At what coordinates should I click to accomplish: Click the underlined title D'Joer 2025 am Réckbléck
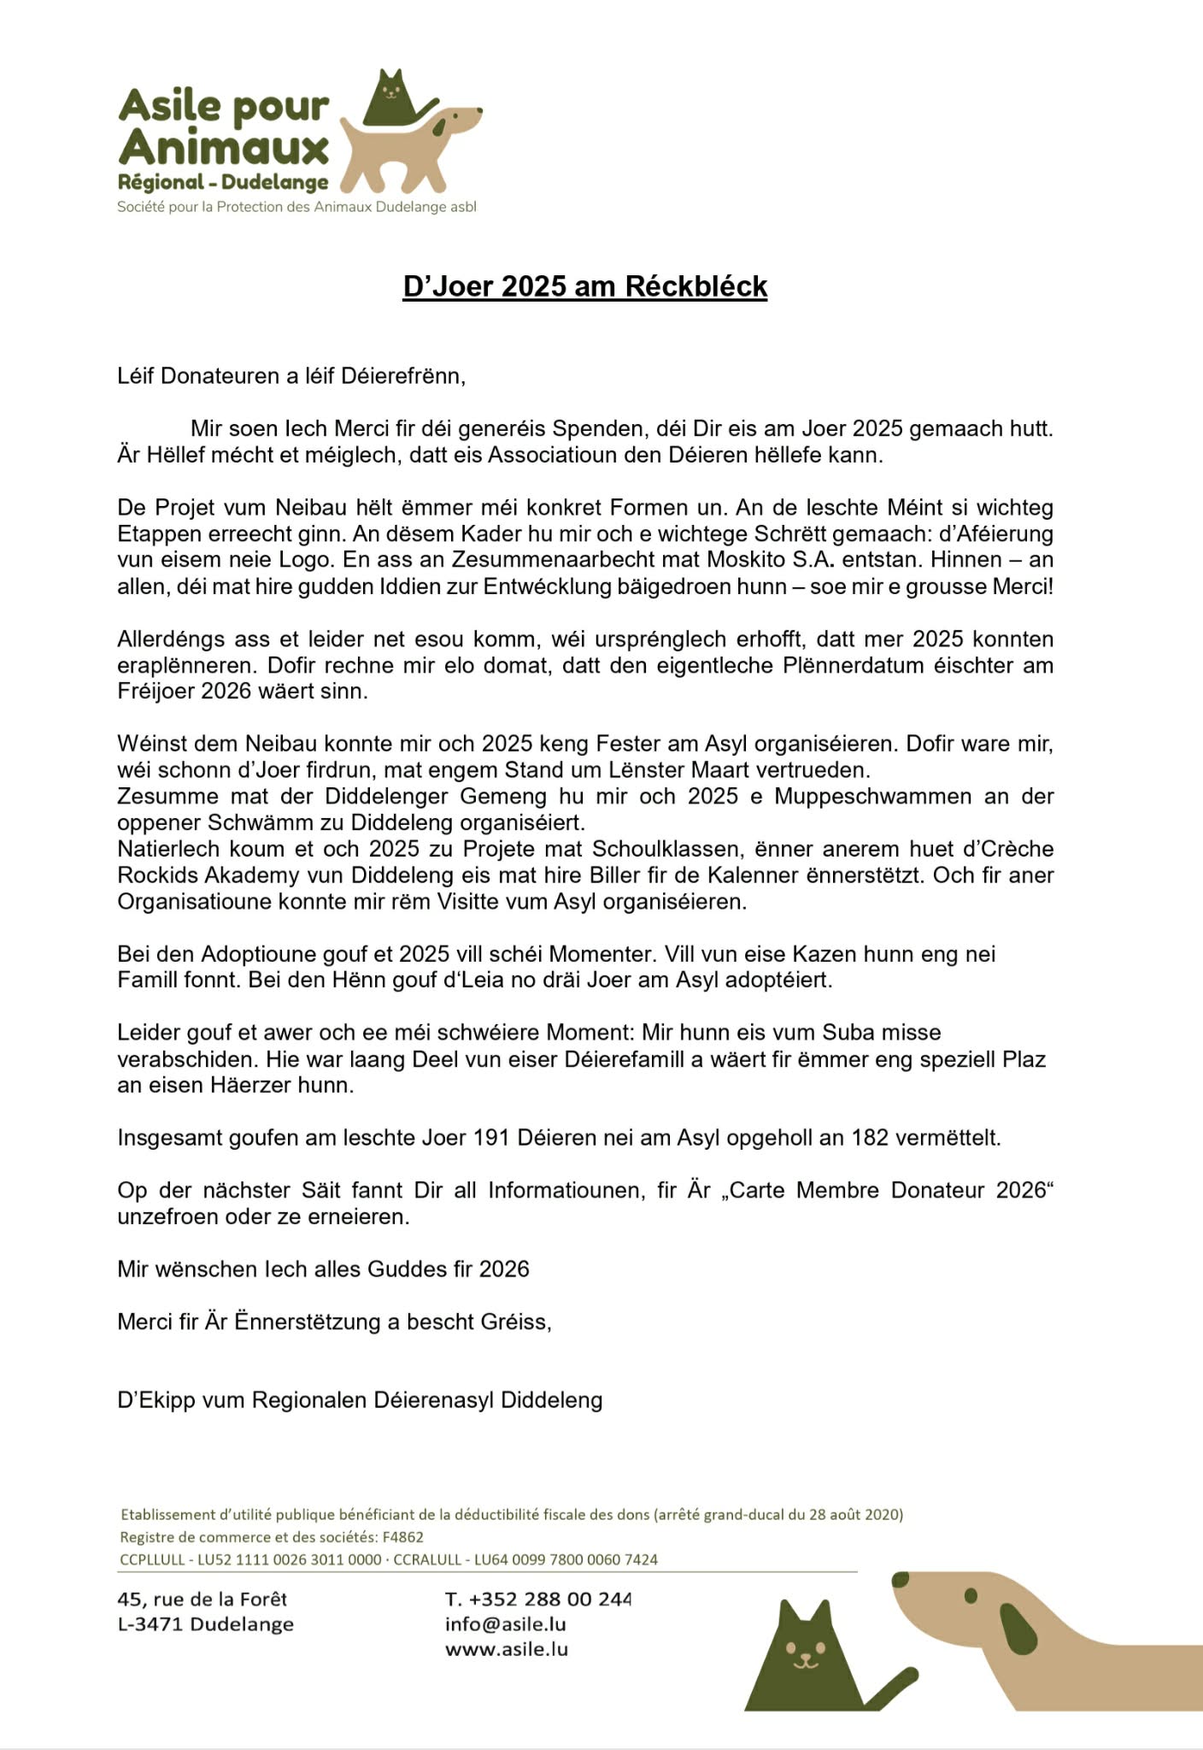[584, 286]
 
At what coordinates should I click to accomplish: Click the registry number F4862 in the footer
[403, 1536]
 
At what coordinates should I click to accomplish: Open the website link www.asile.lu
[506, 1649]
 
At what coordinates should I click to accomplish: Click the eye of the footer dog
[971, 1596]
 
